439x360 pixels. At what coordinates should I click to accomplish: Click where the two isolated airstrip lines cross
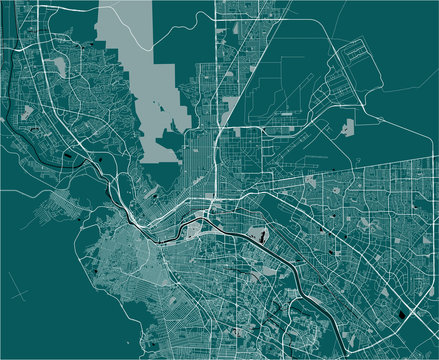point(22,290)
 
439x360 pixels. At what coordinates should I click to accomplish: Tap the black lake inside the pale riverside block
point(262,238)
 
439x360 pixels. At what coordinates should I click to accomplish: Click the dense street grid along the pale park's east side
point(200,150)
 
